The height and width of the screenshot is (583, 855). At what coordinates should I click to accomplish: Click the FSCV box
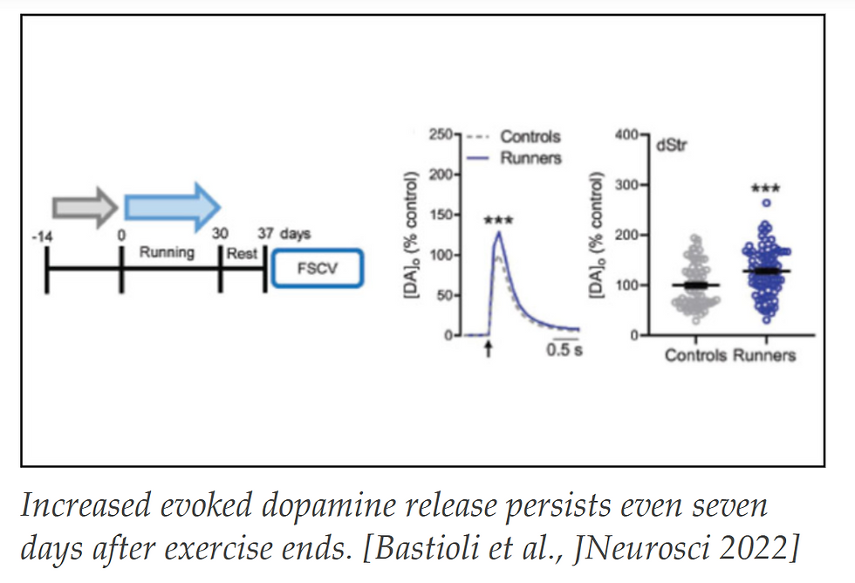point(316,269)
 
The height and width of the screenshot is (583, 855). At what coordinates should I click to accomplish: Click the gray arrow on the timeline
point(85,206)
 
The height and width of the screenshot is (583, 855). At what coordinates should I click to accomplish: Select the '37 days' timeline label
point(284,235)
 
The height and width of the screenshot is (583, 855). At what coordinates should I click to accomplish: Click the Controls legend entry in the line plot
point(530,137)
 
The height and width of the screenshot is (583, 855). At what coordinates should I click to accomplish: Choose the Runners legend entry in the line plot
point(530,158)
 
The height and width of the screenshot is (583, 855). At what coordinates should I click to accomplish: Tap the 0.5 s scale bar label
point(564,351)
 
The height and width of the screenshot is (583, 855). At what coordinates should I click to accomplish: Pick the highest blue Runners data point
point(765,202)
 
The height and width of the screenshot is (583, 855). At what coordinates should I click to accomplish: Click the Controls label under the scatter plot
point(695,355)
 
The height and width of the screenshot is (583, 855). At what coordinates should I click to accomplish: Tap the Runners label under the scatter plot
point(764,355)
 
